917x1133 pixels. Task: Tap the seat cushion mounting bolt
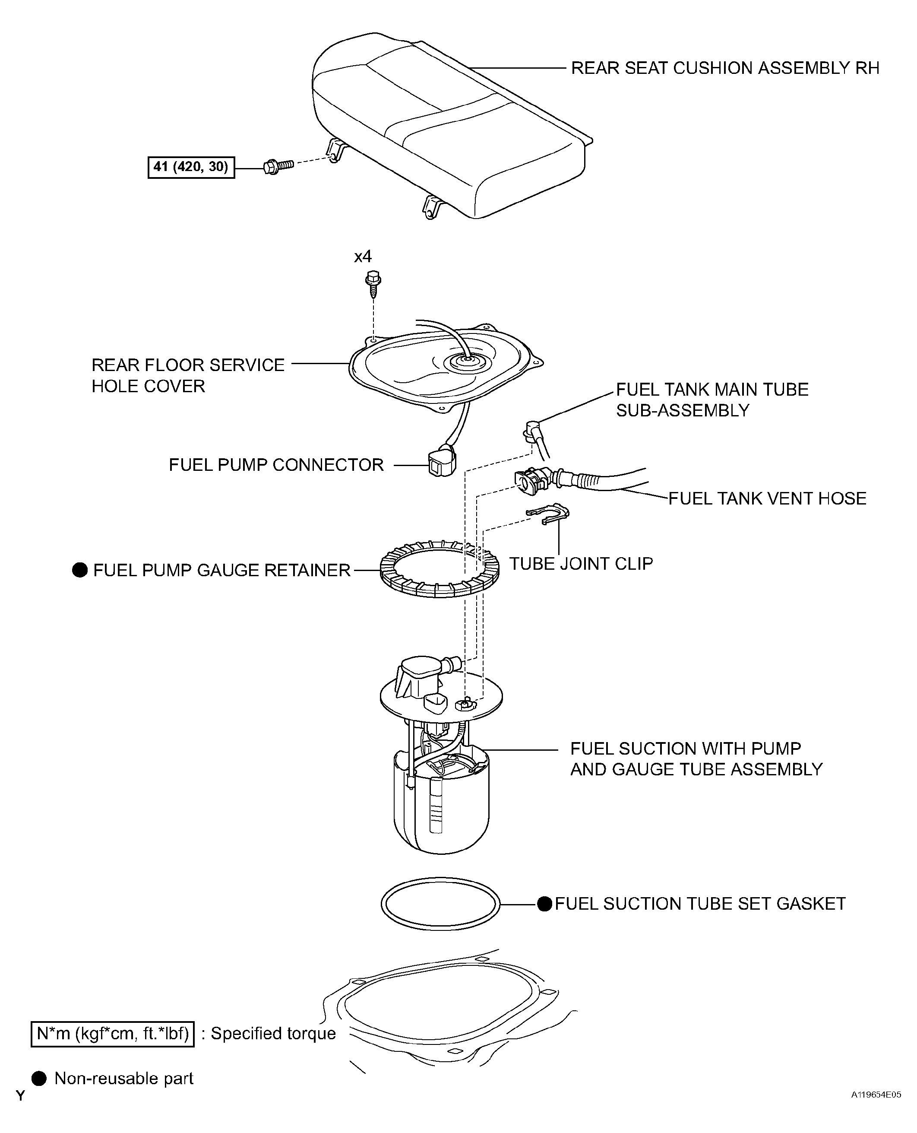278,166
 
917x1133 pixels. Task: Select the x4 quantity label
363,257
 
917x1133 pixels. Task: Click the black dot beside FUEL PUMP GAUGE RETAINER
80,570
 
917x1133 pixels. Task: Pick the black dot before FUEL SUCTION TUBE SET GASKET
544,904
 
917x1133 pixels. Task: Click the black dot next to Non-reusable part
39,1079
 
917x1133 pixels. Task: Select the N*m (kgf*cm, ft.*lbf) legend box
113,1034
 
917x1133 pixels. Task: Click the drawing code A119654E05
876,1110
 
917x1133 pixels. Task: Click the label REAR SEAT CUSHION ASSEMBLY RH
725,68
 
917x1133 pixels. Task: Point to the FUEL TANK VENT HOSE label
768,498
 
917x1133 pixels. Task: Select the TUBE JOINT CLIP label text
581,563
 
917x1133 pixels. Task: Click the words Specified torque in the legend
274,1034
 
